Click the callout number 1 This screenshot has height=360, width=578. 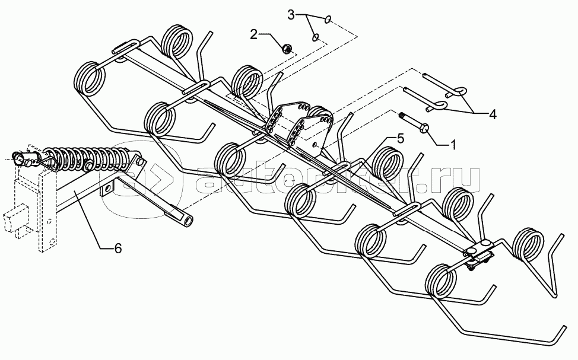point(453,145)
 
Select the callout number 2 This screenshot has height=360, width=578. point(253,34)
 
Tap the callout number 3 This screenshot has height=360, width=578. point(291,15)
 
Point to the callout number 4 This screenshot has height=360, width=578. point(493,114)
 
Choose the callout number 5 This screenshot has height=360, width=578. point(400,139)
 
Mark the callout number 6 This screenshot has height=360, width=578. point(117,249)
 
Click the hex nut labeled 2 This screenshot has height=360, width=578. point(285,48)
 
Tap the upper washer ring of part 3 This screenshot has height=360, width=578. point(328,20)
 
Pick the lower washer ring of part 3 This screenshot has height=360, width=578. point(316,37)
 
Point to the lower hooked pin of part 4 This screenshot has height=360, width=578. point(424,97)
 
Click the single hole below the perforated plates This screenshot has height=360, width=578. point(314,145)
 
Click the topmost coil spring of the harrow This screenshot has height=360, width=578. point(177,42)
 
